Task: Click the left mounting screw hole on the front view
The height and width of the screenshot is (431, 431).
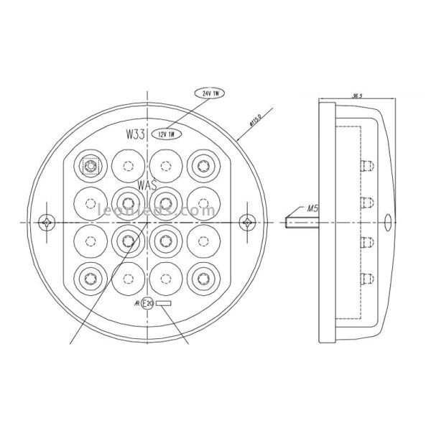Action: pyautogui.click(x=48, y=222)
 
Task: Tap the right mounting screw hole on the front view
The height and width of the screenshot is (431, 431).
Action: pyautogui.click(x=249, y=222)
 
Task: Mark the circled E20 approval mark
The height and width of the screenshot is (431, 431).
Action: pyautogui.click(x=148, y=304)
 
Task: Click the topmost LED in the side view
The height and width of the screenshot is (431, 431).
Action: pyautogui.click(x=367, y=165)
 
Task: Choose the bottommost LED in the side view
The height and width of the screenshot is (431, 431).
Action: pyautogui.click(x=367, y=277)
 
